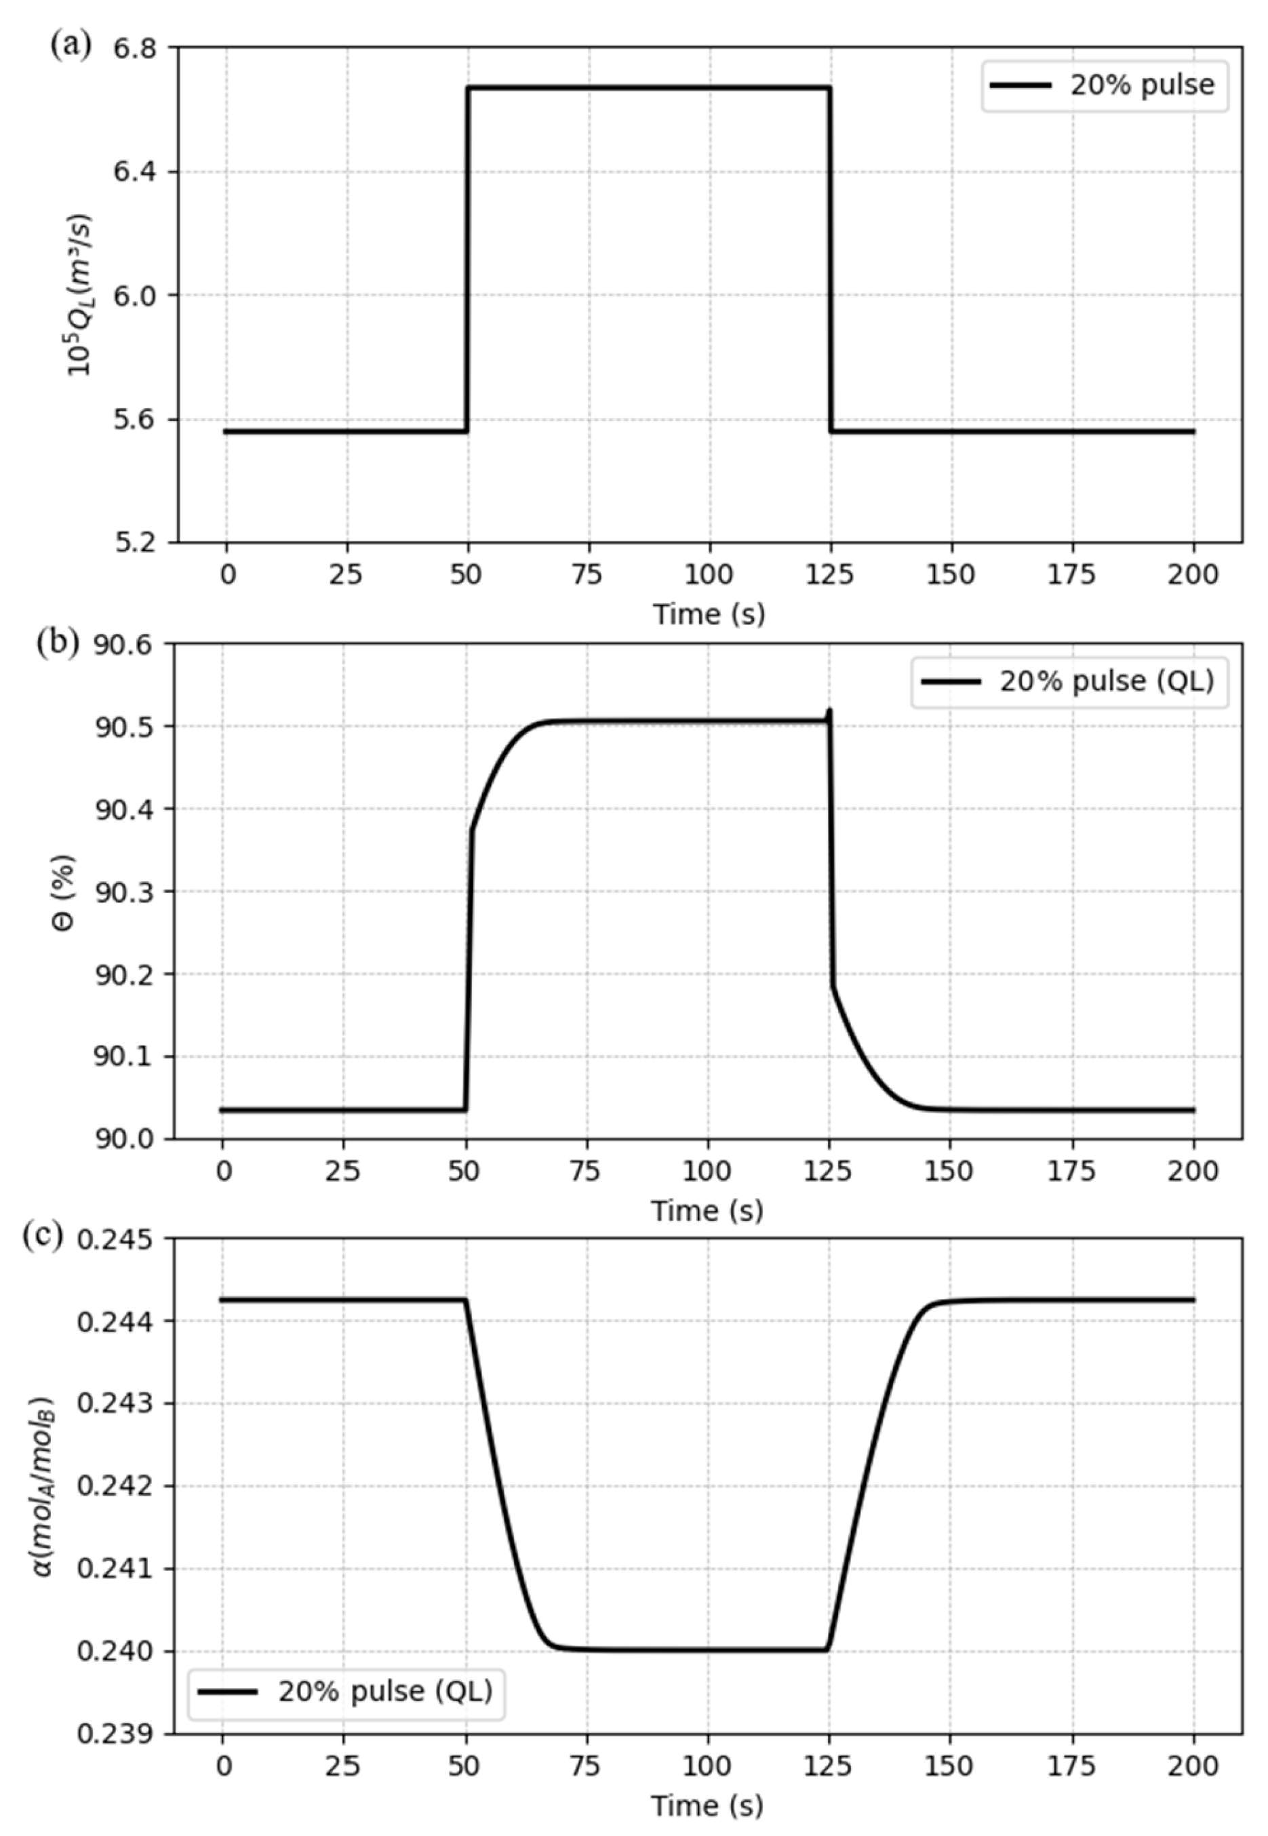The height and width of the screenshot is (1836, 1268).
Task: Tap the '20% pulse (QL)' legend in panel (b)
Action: click(x=1069, y=681)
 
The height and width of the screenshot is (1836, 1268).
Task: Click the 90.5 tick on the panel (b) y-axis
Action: click(x=126, y=726)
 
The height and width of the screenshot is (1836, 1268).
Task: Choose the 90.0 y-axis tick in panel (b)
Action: click(x=126, y=1139)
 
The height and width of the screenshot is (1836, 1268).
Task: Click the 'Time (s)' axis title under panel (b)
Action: click(x=707, y=1211)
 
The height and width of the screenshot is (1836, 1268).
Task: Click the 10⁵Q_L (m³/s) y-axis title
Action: click(x=79, y=296)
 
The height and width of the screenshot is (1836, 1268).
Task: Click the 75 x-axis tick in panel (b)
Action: click(x=587, y=1171)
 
